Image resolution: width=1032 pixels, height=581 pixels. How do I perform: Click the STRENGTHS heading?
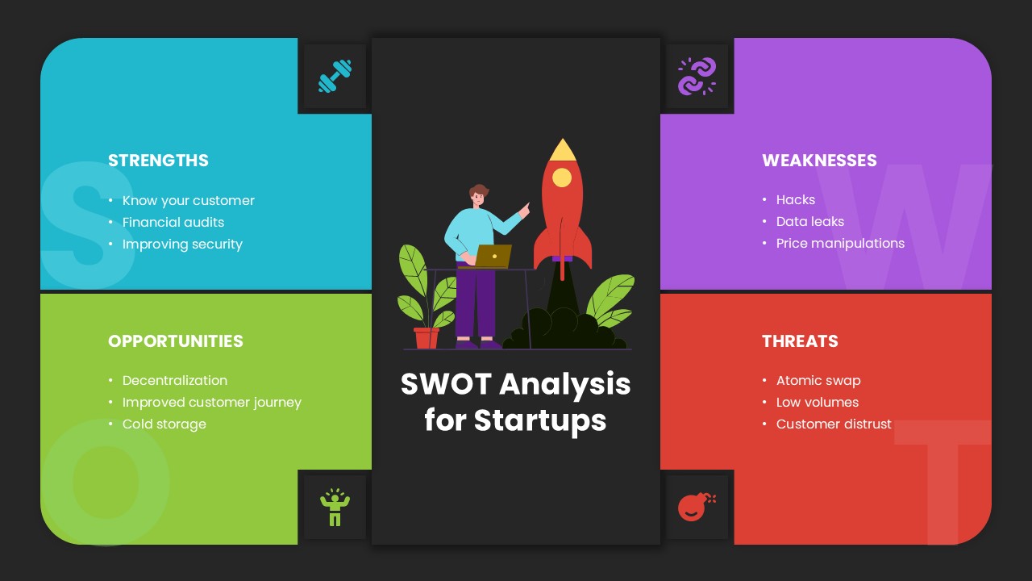coord(158,161)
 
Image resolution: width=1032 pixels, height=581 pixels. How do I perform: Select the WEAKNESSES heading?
coord(819,161)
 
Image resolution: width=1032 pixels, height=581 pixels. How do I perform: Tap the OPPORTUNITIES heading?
coord(175,341)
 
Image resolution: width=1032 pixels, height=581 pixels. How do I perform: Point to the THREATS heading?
coord(800,341)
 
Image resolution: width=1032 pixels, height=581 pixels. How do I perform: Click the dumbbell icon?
coord(335,77)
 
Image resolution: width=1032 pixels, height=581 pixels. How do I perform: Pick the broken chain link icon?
coord(697,77)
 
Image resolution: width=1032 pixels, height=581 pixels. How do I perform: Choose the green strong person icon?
coord(335,507)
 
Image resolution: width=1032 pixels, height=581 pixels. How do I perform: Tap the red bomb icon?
coord(696,506)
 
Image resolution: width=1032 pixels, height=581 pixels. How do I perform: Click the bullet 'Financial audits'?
coord(173,223)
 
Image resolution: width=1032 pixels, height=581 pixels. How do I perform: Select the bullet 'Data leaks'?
coord(810,222)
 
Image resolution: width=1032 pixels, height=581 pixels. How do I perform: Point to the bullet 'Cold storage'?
coord(164,424)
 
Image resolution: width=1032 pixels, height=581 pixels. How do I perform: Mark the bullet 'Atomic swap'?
coord(818,381)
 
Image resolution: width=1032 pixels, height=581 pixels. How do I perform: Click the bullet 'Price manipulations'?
coord(840,244)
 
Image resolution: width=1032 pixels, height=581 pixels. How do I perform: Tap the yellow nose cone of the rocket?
coord(562,150)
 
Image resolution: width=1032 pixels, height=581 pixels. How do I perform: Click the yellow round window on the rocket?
coord(562,178)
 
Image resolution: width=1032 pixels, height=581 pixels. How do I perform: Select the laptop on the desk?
coord(492,256)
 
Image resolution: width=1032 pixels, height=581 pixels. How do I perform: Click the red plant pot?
coord(427,337)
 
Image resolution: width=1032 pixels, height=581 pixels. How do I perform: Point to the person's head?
coord(479,195)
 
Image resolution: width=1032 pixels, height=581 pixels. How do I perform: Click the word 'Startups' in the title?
coord(539,420)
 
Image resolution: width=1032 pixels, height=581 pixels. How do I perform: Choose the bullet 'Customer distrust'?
coord(834,424)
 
